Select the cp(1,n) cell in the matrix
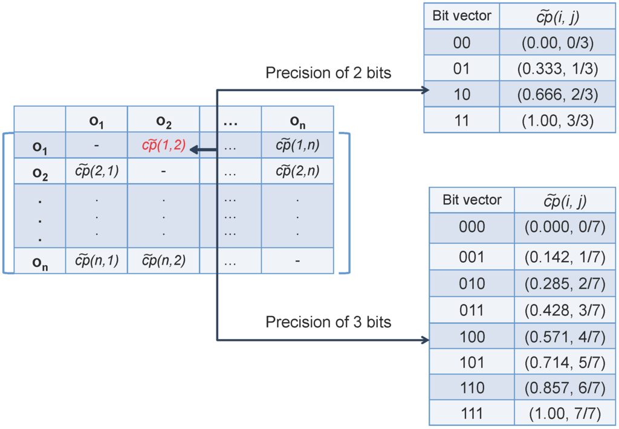[x=297, y=146]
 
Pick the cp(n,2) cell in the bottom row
[x=163, y=260]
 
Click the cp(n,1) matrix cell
[x=97, y=260]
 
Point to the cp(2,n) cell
[x=297, y=172]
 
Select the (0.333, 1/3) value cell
[x=557, y=69]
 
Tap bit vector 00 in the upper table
[x=461, y=43]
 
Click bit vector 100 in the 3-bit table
[x=472, y=336]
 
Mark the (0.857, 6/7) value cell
[x=565, y=387]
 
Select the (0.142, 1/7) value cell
[x=565, y=257]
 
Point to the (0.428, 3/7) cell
[x=565, y=310]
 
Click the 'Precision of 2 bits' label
[x=328, y=73]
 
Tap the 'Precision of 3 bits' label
[x=328, y=322]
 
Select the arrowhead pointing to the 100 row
[x=424, y=340]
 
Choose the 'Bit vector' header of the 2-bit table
[x=462, y=16]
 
